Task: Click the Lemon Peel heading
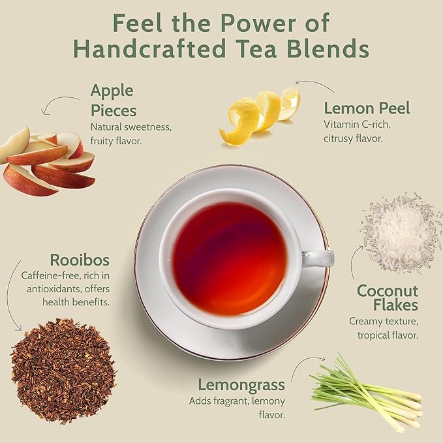(x=367, y=108)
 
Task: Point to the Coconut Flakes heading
(x=387, y=298)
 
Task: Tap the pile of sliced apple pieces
(x=46, y=161)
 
